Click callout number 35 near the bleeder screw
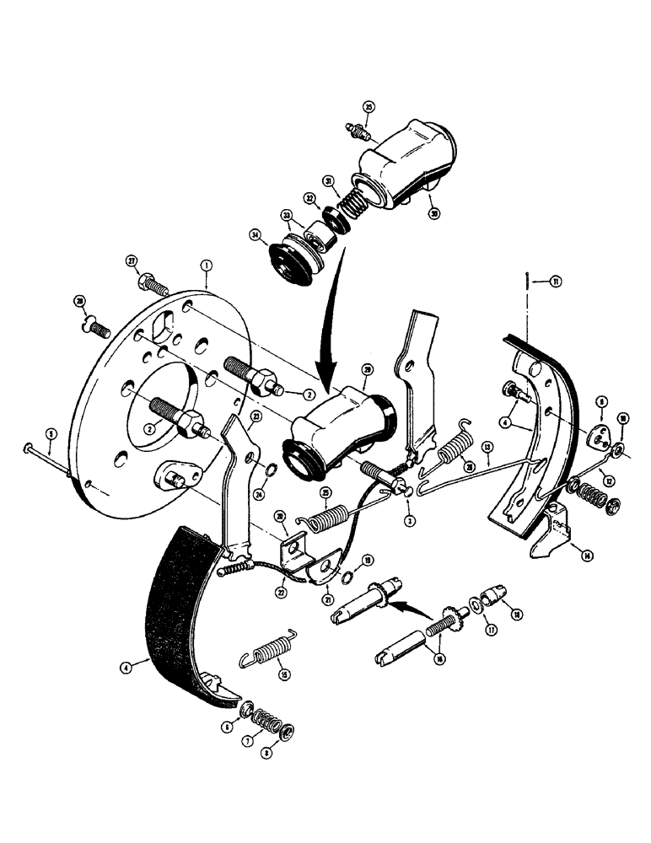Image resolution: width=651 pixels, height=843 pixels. (368, 106)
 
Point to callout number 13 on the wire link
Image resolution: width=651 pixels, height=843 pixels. (487, 446)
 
